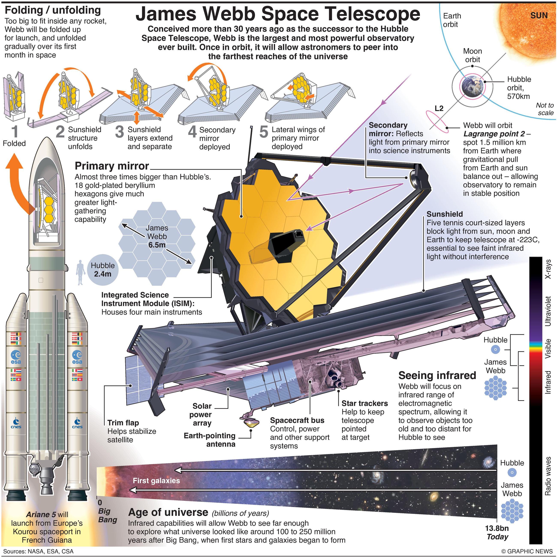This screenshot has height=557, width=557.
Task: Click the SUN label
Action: [x=539, y=16]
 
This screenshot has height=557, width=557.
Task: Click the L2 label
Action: [x=439, y=108]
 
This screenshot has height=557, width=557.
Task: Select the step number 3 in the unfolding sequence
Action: [x=119, y=132]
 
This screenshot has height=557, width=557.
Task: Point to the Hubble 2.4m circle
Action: [x=103, y=269]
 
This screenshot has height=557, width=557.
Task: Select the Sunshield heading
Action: [x=445, y=214]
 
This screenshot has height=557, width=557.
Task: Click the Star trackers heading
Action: [x=364, y=403]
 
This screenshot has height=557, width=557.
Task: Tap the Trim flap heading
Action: [x=123, y=423]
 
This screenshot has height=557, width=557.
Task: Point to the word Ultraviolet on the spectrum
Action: [x=548, y=311]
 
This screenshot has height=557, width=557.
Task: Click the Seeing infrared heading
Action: [x=437, y=376]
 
